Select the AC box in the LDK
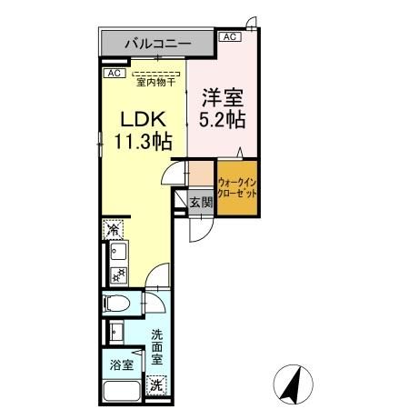point(114,72)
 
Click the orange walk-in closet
point(236,187)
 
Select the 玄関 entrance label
point(200,203)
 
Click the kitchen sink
point(116,252)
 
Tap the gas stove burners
point(116,274)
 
